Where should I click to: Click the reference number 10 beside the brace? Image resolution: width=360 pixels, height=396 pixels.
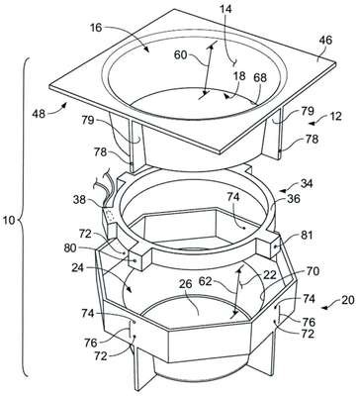[x=9, y=220]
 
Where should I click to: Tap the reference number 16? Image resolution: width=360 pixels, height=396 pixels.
[x=95, y=28]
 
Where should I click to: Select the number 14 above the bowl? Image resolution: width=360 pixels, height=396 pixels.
[x=225, y=9]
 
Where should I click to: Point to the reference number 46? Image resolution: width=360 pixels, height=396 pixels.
[x=325, y=41]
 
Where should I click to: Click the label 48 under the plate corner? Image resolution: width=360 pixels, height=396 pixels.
[x=39, y=114]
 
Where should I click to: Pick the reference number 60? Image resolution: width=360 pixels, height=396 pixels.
[x=180, y=55]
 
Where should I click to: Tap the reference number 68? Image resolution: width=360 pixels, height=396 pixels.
[x=260, y=78]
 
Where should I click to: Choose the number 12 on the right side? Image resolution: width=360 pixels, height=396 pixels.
[x=335, y=117]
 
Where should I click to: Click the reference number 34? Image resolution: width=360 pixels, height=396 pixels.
[x=306, y=182]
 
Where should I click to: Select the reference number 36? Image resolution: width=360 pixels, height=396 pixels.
[x=293, y=199]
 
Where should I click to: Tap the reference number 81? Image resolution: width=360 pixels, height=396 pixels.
[x=307, y=235]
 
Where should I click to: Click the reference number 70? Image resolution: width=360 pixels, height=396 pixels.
[x=313, y=271]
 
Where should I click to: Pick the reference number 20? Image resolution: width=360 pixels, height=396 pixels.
[x=348, y=300]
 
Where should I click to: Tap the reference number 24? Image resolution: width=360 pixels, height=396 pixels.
[x=79, y=268]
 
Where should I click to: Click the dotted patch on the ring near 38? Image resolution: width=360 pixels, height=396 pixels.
[x=111, y=216]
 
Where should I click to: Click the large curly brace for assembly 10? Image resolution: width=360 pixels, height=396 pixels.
[x=24, y=218]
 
